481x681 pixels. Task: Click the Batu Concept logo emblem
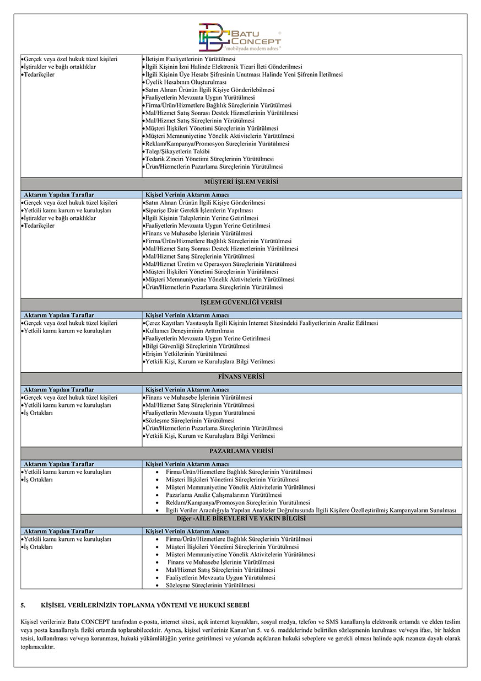215,37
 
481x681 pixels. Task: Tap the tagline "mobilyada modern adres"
257,48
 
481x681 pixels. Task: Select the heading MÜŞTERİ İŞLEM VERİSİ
241,181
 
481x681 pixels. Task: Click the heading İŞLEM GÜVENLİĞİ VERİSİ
241,303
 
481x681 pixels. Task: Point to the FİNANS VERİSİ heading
241,377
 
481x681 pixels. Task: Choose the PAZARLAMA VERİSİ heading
241,451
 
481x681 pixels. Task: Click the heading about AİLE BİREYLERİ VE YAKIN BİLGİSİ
241,518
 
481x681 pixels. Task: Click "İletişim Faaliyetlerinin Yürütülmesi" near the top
190,59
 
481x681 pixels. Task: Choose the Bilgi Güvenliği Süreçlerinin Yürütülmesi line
197,346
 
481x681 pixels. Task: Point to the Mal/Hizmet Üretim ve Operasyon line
220,264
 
